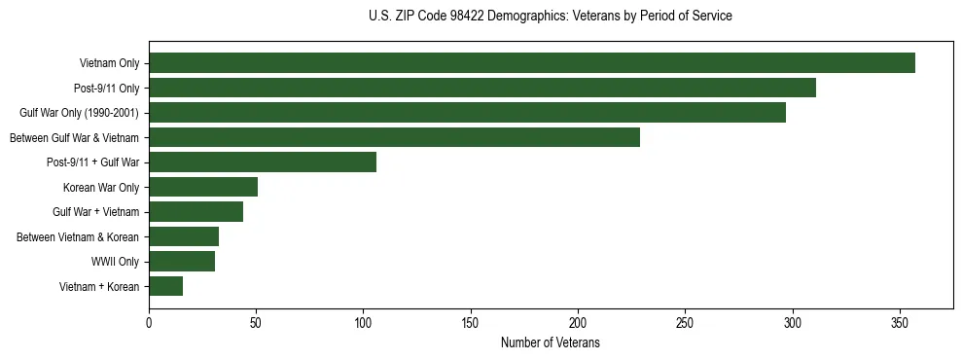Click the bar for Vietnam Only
[x=532, y=63]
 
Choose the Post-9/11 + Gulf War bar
[x=263, y=162]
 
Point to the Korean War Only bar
[x=203, y=187]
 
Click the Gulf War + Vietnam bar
[x=196, y=212]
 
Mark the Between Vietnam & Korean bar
[x=184, y=236]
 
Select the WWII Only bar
[x=182, y=261]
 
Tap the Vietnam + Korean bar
[x=165, y=286]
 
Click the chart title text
[x=551, y=17]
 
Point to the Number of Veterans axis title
[x=551, y=343]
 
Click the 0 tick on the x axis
[x=149, y=323]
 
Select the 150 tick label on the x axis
[x=471, y=323]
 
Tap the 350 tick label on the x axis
[x=900, y=323]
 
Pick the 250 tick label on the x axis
[x=685, y=323]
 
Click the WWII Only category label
[x=115, y=262]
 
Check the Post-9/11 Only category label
[x=106, y=89]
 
